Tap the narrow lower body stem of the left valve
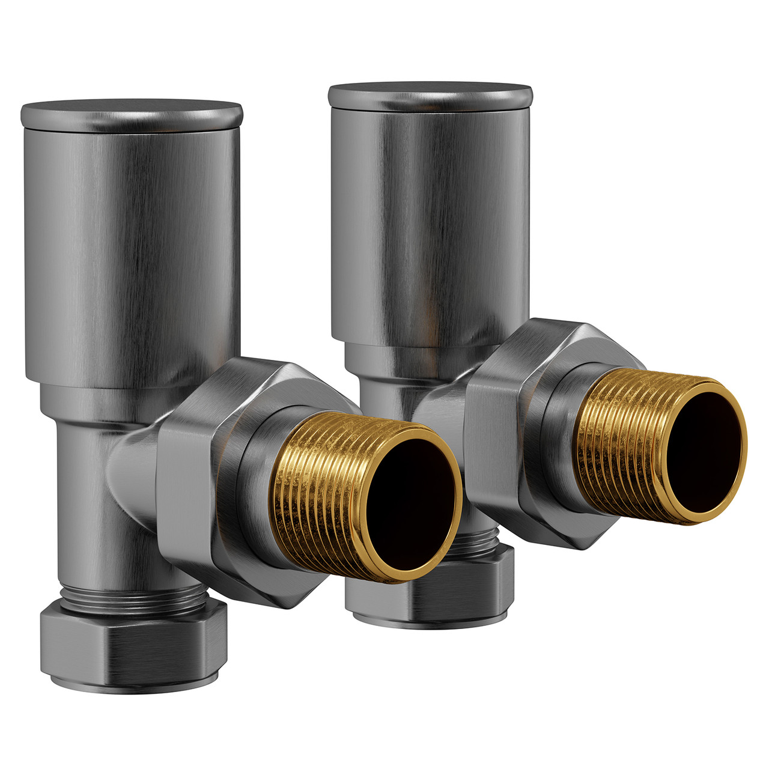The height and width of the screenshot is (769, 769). pos(84,511)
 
